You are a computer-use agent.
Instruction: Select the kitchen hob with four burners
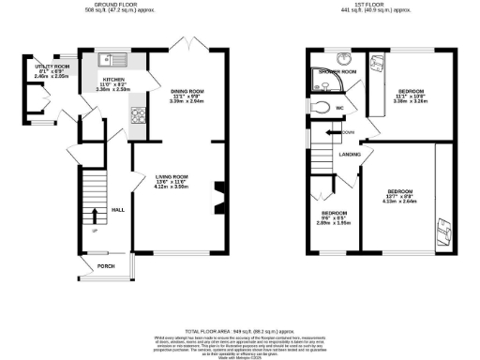pos(138,116)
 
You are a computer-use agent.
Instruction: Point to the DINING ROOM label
pos(188,89)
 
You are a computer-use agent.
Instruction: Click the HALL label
pos(118,210)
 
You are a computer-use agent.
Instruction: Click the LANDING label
pos(350,154)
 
